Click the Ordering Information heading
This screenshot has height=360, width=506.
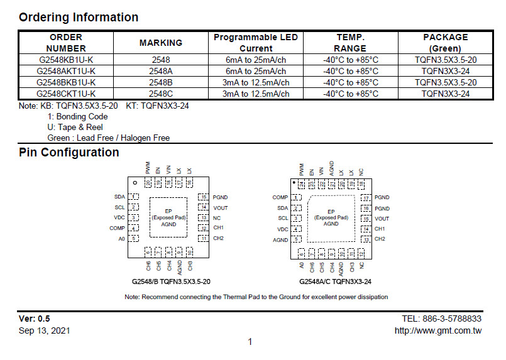[79, 17]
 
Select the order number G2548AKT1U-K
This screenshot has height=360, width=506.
[66, 71]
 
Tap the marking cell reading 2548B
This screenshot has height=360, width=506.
[160, 82]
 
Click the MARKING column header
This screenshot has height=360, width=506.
[160, 43]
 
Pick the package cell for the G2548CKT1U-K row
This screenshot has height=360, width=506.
[446, 94]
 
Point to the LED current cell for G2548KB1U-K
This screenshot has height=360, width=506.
[256, 60]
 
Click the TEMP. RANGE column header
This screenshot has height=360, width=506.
[350, 43]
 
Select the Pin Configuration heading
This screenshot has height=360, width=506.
[69, 152]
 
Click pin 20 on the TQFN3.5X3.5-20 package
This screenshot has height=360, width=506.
[148, 182]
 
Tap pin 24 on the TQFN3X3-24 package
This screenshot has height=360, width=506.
[302, 184]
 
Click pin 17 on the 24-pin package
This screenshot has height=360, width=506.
[365, 197]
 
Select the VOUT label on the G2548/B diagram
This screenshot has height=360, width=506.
[221, 207]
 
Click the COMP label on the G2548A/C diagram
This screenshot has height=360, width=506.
[280, 197]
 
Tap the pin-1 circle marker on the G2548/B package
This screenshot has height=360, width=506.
[135, 182]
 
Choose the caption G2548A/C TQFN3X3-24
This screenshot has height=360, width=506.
[331, 283]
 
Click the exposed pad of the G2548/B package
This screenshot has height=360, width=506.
[168, 217]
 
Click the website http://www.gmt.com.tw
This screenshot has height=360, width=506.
[438, 330]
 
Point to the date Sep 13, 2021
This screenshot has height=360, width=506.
[45, 330]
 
